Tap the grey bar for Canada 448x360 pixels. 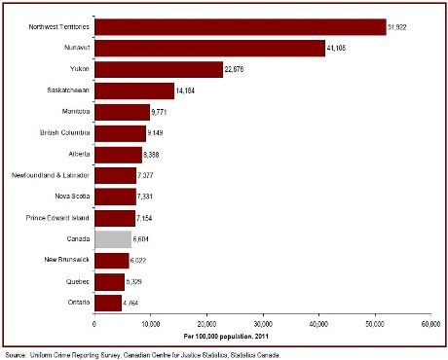pyautogui.click(x=113, y=238)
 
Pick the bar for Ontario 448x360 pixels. pyautogui.click(x=107, y=303)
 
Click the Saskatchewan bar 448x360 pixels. pyautogui.click(x=133, y=90)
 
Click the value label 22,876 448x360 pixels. pyautogui.click(x=238, y=69)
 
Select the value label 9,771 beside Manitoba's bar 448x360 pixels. pyautogui.click(x=164, y=112)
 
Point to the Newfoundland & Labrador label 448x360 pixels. pyautogui.click(x=55, y=175)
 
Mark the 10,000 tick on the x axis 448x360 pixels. pyautogui.click(x=149, y=323)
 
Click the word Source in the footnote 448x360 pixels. pyautogui.click(x=16, y=354)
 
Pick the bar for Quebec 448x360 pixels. pyautogui.click(x=108, y=281)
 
